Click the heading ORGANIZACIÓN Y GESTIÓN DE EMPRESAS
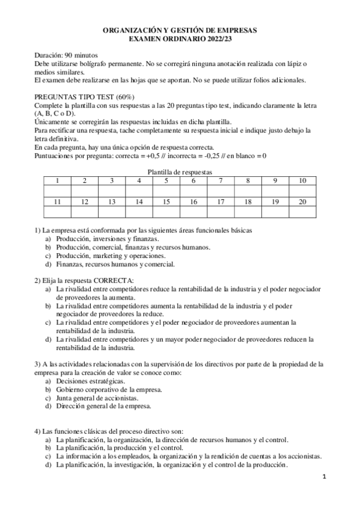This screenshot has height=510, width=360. (x=180, y=29)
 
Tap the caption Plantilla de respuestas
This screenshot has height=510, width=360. (x=180, y=171)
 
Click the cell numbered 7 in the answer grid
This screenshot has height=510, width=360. (x=221, y=180)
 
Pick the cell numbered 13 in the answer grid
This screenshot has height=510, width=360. (x=112, y=202)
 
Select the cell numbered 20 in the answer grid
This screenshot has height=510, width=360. (x=302, y=202)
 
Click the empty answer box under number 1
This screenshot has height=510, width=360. (x=57, y=191)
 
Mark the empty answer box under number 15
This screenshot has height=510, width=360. (x=166, y=212)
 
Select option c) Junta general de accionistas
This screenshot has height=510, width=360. (x=97, y=398)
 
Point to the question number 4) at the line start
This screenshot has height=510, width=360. (x=37, y=431)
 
